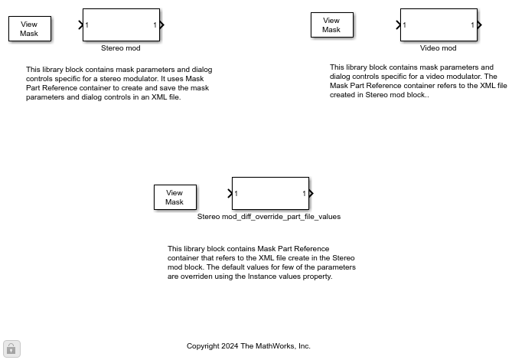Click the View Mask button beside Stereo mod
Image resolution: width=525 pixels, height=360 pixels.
coord(29,29)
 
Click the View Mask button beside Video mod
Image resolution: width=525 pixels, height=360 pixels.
coord(331,25)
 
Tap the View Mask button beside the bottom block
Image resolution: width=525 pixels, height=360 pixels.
coord(174,198)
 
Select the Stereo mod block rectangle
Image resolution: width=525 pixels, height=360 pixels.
coord(121,25)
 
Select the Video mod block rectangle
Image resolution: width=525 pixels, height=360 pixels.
coord(439,25)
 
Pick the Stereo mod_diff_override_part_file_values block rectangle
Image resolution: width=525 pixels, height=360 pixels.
coord(270,193)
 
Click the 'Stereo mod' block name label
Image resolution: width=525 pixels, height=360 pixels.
coord(121,48)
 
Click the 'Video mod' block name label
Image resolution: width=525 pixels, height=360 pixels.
coord(438,48)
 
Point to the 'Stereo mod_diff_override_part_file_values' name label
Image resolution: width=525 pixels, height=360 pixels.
coord(269,217)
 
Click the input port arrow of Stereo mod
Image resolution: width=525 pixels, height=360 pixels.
coord(81,25)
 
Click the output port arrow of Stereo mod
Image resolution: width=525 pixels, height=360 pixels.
coord(162,25)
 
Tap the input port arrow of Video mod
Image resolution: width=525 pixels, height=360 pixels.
coord(399,25)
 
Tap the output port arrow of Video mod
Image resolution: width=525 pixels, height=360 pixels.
coord(480,25)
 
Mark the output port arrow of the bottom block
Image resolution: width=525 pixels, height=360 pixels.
coord(311,193)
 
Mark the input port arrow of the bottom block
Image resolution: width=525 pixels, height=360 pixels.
coord(230,193)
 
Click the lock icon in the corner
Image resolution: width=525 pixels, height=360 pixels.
coord(11,349)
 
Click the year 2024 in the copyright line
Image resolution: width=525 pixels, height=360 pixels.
coord(230,346)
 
